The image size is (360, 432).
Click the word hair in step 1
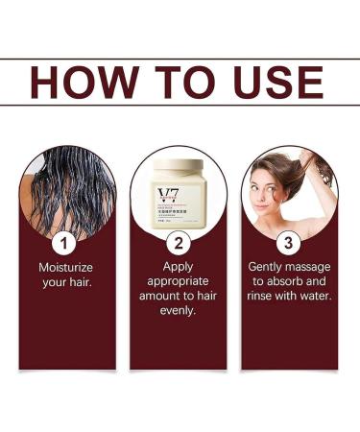tap(81, 281)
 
